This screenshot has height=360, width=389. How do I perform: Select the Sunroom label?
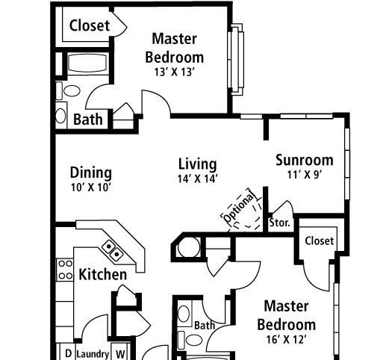[304, 160]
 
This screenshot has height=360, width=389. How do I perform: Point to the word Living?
[198, 164]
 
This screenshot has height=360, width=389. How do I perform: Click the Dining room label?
[91, 173]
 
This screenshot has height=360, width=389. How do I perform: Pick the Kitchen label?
[102, 275]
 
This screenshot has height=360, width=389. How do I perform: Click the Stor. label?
[279, 223]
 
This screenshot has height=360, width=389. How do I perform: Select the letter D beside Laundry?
[67, 353]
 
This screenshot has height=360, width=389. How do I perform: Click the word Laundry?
[93, 353]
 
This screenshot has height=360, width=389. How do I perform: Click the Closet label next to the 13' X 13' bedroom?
[90, 25]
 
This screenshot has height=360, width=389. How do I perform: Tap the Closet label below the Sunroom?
[320, 240]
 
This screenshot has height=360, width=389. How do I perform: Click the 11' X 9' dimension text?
[303, 176]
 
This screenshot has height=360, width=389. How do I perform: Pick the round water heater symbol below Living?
[190, 246]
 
